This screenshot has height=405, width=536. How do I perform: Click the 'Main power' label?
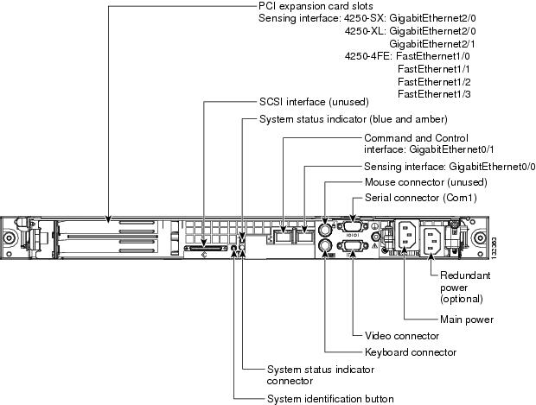click(467, 320)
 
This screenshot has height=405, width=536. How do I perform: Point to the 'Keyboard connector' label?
click(410, 351)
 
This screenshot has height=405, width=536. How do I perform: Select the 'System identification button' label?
click(330, 399)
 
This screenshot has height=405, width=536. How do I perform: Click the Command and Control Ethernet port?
click(284, 235)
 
